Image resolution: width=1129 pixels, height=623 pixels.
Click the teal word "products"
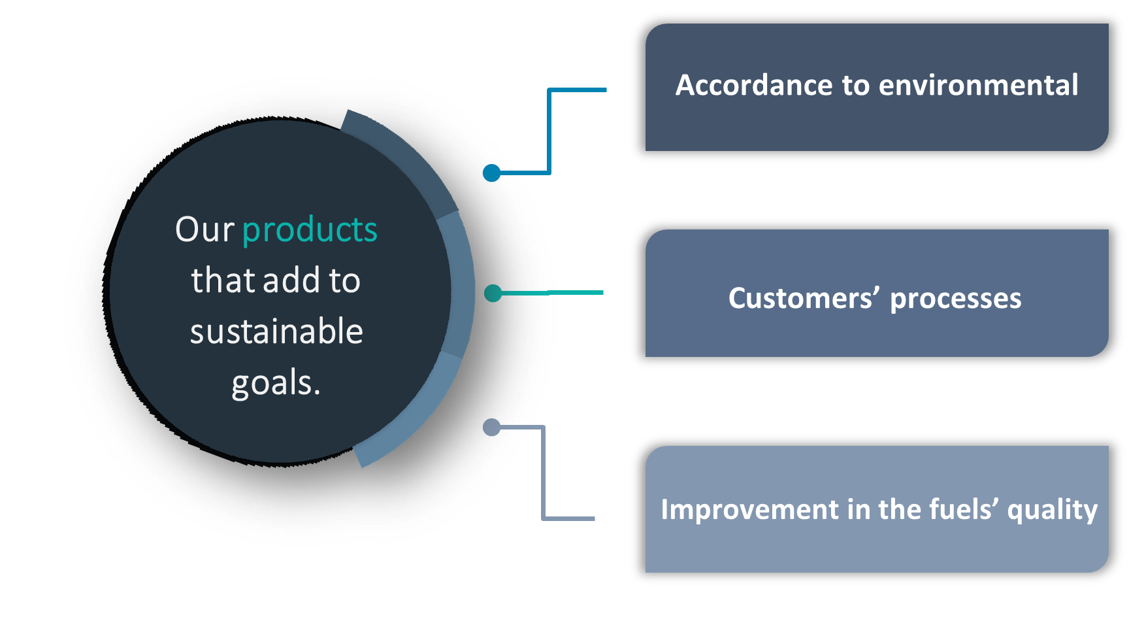[310, 230]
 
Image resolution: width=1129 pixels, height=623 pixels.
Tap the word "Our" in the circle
[205, 230]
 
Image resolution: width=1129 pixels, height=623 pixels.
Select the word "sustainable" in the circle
[276, 331]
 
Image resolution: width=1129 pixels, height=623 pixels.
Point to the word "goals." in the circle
[276, 383]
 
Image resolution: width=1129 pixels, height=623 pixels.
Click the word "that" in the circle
[223, 280]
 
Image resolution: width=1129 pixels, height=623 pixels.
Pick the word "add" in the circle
[291, 280]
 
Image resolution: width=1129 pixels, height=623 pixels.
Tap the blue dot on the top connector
[492, 173]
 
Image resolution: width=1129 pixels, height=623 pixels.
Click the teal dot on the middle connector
[493, 293]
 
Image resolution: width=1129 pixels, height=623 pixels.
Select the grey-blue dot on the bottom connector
[491, 428]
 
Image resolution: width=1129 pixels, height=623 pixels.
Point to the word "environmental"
[978, 86]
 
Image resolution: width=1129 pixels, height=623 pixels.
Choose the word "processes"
[955, 299]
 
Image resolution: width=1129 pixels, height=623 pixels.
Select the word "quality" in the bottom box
[1052, 510]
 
